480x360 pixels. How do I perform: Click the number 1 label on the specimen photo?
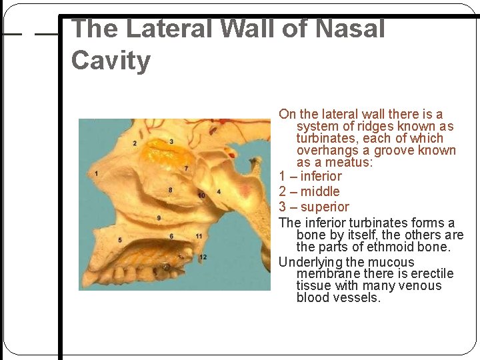pyautogui.click(x=97, y=174)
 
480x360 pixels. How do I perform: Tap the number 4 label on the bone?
pyautogui.click(x=219, y=192)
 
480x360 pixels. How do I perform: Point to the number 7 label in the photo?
pyautogui.click(x=186, y=168)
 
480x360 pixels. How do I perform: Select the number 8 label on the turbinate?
pyautogui.click(x=171, y=190)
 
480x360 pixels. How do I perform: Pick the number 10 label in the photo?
pyautogui.click(x=201, y=195)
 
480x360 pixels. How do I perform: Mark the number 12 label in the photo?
pyautogui.click(x=203, y=257)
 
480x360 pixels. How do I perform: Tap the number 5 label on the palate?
pyautogui.click(x=120, y=239)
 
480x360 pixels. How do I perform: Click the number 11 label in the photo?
pyautogui.click(x=199, y=236)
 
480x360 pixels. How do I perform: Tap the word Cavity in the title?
pyautogui.click(x=111, y=61)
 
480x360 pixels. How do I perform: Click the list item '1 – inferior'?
pyautogui.click(x=310, y=176)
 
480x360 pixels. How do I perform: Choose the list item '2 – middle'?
pyautogui.click(x=309, y=191)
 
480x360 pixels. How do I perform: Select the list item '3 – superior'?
pyautogui.click(x=314, y=207)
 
